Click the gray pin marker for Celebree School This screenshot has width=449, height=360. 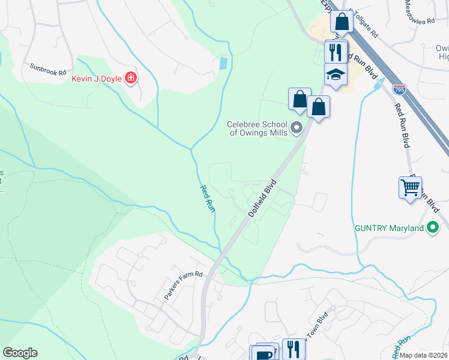(296, 128)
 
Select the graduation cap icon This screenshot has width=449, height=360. (336, 74)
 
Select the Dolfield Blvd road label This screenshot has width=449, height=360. (262, 199)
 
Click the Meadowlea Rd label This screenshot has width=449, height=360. (419, 12)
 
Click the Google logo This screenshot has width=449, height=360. (20, 353)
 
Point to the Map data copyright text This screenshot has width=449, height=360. (423, 355)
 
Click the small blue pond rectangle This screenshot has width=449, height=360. (223, 62)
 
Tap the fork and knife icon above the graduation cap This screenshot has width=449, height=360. (336, 52)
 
